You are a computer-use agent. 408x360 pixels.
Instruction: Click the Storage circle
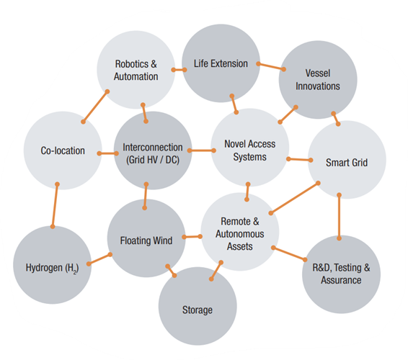[x=198, y=306]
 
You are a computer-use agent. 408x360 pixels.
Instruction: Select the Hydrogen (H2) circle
[x=53, y=265]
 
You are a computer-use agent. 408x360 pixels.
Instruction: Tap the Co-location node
[x=63, y=150]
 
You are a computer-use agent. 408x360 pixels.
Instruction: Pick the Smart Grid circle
[x=347, y=160]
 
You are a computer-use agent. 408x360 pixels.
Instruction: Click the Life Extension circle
[x=221, y=63]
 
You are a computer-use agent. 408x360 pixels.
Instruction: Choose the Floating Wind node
[x=146, y=238]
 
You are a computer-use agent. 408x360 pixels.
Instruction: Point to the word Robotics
[x=132, y=64]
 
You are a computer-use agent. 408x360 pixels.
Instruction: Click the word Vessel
[x=318, y=73]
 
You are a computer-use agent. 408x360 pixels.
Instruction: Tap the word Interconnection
[x=153, y=148]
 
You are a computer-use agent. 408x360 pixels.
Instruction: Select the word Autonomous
[x=240, y=234]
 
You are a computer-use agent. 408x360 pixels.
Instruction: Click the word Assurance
[x=341, y=280]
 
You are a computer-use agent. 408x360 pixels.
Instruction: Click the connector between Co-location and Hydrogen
[x=55, y=205]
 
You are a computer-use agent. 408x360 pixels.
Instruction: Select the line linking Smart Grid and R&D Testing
[x=339, y=217]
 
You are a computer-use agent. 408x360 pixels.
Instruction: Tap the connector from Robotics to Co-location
[x=95, y=107]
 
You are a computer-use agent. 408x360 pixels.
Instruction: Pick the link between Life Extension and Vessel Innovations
[x=271, y=66]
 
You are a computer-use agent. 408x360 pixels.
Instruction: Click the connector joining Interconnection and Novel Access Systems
[x=202, y=150]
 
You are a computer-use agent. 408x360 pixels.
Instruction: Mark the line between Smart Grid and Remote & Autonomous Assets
[x=294, y=198]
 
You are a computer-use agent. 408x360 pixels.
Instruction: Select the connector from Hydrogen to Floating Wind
[x=99, y=259]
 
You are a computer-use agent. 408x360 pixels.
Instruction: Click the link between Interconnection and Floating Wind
[x=146, y=196]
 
